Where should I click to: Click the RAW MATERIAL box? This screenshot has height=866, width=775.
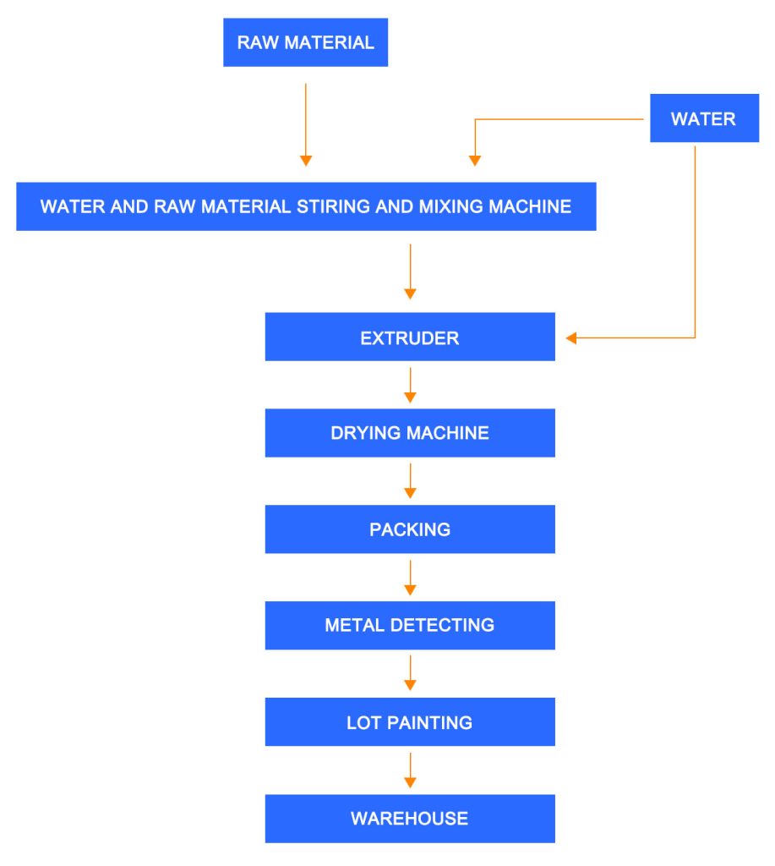pyautogui.click(x=305, y=42)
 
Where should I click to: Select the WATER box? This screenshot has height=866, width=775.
pyautogui.click(x=704, y=118)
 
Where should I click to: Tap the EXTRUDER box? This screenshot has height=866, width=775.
pyautogui.click(x=410, y=337)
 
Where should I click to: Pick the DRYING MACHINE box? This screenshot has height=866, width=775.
pyautogui.click(x=410, y=433)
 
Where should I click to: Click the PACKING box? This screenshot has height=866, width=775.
pyautogui.click(x=410, y=529)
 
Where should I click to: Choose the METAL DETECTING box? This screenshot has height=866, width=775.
pyautogui.click(x=410, y=625)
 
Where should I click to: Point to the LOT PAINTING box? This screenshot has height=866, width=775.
pyautogui.click(x=410, y=722)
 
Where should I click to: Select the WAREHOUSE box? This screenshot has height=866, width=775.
pyautogui.click(x=410, y=819)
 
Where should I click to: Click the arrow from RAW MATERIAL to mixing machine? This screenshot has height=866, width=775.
pyautogui.click(x=306, y=125)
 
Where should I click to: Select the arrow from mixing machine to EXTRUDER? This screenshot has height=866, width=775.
pyautogui.click(x=410, y=271)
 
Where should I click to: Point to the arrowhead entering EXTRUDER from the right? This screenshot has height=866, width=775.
pyautogui.click(x=571, y=338)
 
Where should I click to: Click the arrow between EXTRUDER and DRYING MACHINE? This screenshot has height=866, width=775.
pyautogui.click(x=410, y=386)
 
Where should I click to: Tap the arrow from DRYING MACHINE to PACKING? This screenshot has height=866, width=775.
pyautogui.click(x=410, y=481)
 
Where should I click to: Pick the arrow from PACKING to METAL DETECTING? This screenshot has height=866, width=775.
pyautogui.click(x=410, y=578)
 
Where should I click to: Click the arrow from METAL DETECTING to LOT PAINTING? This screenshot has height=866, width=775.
pyautogui.click(x=410, y=673)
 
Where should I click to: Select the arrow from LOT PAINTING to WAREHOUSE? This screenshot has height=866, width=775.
pyautogui.click(x=410, y=770)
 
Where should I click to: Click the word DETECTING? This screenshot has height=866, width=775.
pyautogui.click(x=442, y=625)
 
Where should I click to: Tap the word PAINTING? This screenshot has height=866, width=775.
pyautogui.click(x=429, y=722)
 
